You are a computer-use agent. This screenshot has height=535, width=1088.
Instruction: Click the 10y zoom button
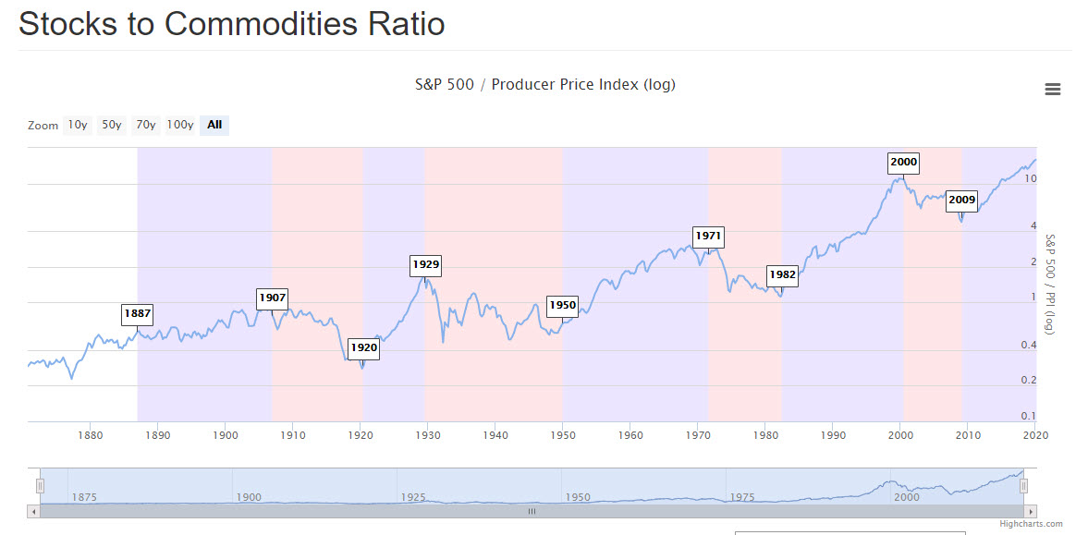78,125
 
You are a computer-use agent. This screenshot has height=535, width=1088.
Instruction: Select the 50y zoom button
112,125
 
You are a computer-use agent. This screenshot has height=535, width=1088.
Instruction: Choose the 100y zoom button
180,125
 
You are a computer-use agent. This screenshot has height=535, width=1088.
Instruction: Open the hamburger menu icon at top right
1052,90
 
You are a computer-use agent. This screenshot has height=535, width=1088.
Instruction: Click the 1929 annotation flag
425,264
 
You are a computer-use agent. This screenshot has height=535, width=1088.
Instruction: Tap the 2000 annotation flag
903,163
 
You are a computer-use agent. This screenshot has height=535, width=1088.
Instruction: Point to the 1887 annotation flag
137,313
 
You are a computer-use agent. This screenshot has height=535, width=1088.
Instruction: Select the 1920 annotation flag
363,348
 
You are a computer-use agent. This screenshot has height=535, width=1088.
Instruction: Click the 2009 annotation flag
961,200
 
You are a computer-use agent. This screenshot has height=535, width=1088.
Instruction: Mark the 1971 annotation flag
708,236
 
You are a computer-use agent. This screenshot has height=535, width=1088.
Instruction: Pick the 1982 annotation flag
782,274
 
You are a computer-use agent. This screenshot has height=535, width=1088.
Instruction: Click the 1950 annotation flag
562,305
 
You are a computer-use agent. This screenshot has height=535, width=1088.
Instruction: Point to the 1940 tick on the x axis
495,434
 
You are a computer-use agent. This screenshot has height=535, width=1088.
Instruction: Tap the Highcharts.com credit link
1031,524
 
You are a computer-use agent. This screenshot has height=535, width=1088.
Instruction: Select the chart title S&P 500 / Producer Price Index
544,85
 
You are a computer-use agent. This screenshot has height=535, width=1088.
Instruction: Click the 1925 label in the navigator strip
413,496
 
